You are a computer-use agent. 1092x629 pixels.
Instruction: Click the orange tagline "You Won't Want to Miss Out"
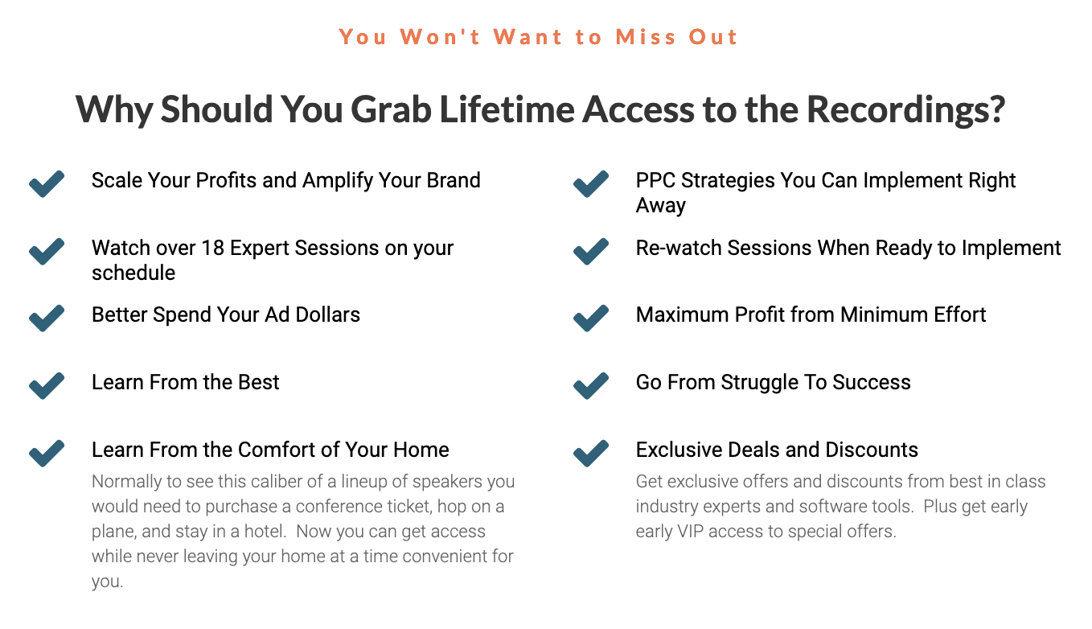click(539, 37)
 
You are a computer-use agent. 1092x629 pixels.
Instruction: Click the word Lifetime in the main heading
click(507, 109)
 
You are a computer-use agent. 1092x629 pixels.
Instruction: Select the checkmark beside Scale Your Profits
click(47, 184)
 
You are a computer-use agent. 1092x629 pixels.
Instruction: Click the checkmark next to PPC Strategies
click(591, 184)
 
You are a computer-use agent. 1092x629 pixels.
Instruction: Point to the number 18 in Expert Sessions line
click(212, 248)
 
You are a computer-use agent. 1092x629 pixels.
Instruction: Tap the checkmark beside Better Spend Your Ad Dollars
click(47, 318)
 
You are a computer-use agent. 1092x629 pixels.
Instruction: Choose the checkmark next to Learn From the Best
click(47, 386)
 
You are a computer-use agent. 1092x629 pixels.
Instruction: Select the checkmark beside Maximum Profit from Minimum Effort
click(591, 318)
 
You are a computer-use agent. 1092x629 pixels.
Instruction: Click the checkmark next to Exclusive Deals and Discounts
click(591, 453)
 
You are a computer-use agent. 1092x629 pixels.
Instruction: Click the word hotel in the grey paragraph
click(265, 531)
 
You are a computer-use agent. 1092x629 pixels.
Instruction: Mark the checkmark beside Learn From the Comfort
click(47, 453)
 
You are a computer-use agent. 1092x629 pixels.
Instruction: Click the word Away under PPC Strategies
click(660, 206)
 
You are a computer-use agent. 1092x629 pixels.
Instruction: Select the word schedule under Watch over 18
click(133, 273)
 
